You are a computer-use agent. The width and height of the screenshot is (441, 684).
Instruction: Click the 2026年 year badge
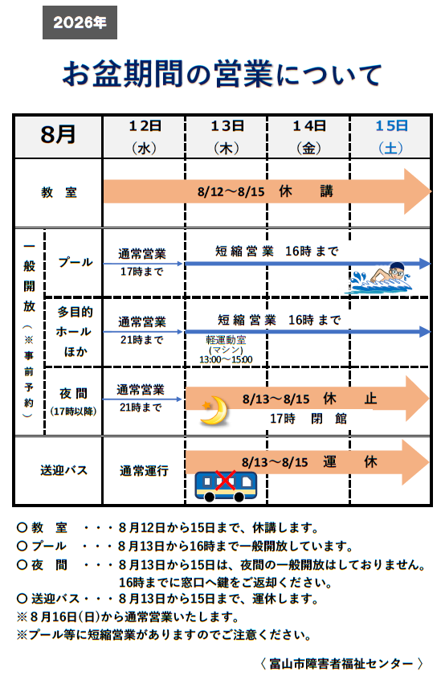click(80, 23)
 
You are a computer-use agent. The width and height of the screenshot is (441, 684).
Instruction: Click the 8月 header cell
click(59, 134)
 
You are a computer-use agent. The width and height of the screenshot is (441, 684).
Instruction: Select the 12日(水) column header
click(145, 137)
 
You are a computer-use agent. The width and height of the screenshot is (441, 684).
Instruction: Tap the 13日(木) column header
click(227, 137)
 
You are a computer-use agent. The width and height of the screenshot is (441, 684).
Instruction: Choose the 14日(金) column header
click(309, 137)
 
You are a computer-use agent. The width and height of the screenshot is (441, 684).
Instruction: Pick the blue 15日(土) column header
click(391, 137)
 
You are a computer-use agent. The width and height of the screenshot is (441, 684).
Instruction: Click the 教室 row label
click(59, 192)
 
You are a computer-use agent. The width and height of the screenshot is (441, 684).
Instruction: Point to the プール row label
click(76, 262)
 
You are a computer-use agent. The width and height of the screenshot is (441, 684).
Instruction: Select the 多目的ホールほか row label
click(75, 331)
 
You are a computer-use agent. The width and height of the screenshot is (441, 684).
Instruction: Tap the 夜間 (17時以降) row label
click(73, 401)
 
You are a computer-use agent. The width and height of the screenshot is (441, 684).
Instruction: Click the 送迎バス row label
click(64, 470)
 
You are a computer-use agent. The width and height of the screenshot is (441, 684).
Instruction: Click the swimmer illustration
click(381, 278)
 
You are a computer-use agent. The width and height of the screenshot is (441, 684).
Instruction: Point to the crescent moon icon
click(214, 410)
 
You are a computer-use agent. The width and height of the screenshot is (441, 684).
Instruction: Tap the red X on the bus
click(225, 481)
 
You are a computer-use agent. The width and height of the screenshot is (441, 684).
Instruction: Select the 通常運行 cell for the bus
click(144, 471)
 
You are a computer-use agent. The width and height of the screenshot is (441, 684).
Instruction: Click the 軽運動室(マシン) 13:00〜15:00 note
click(226, 350)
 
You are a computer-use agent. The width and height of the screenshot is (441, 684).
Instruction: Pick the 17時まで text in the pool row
click(141, 272)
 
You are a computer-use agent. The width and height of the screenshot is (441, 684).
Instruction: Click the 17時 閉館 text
click(308, 419)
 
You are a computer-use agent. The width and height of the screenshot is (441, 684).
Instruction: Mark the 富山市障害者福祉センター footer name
click(341, 664)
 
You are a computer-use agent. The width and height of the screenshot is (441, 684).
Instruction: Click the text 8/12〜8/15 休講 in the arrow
click(265, 191)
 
